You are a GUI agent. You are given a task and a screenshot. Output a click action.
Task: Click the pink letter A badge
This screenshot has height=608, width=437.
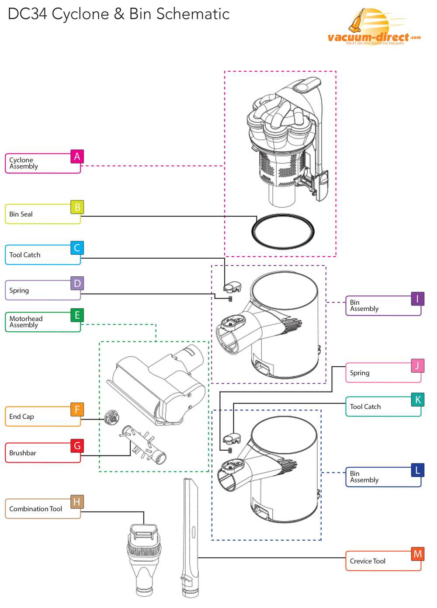coord(77,156)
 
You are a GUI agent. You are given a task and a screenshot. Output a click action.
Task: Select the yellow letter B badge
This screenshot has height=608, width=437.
coord(77,207)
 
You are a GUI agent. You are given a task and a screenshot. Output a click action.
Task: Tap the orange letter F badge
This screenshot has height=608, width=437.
coord(77,410)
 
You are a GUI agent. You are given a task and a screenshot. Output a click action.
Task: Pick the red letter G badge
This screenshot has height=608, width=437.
coord(77,446)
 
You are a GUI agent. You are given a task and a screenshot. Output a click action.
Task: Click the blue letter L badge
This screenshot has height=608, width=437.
coord(417,470)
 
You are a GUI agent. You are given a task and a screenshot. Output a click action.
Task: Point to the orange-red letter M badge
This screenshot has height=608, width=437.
coord(417,554)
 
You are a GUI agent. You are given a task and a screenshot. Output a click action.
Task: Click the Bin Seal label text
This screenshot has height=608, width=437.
coord(21,214)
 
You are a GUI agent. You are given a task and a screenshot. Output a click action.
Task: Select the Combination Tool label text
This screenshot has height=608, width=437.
coord(35,509)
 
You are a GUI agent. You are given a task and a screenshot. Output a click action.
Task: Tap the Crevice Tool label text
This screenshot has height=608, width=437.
coord(368,561)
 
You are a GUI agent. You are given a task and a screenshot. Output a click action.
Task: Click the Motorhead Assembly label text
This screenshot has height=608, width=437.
coord(26,322)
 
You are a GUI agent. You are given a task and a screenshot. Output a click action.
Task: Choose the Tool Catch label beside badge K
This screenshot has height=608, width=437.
coord(365,407)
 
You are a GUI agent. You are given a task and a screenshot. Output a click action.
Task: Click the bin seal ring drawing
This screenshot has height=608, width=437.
coord(283,231)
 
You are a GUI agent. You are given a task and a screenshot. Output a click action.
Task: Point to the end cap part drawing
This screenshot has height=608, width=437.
coord(112,417)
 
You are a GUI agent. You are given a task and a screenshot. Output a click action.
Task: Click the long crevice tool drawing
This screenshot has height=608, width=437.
coord(191,538)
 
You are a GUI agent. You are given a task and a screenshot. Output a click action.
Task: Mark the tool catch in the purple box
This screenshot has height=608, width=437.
coord(232,287)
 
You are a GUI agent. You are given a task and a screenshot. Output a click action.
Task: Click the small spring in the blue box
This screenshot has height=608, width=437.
coord(229,450)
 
